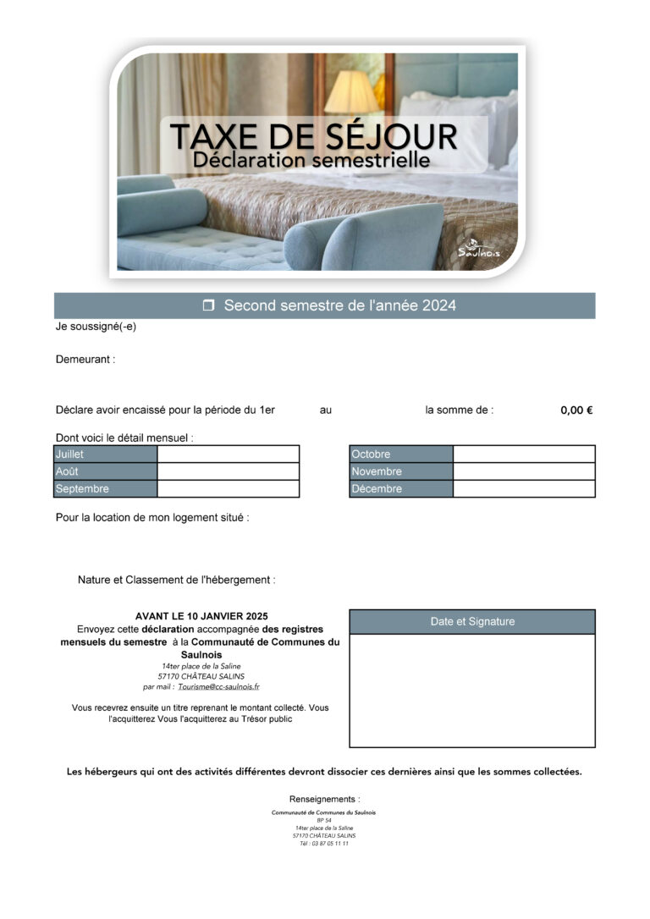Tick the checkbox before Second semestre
point(209,305)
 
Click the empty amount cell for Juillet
point(228,454)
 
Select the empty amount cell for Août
point(228,471)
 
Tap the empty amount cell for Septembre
point(228,488)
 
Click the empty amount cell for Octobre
point(523,454)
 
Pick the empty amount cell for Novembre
point(523,471)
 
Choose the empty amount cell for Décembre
point(523,488)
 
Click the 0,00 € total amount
point(576,410)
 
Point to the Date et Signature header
point(471,622)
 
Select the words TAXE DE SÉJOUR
point(313,135)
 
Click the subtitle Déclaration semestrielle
point(311,159)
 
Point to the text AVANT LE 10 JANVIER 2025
point(201,616)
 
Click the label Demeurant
point(85,360)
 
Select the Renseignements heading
point(324,799)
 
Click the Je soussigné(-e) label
point(96,327)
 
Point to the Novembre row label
point(377,471)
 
